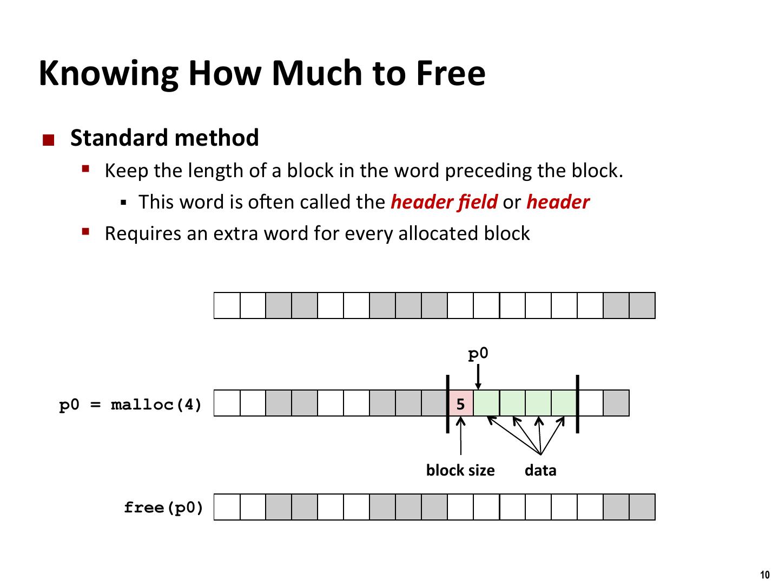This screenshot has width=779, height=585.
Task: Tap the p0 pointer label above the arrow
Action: pos(478,354)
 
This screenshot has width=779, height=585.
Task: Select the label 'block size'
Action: pos(460,470)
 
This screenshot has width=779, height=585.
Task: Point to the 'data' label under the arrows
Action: pos(540,470)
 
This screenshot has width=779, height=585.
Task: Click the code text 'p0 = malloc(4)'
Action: pos(130,405)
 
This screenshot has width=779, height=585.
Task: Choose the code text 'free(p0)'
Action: pos(163,508)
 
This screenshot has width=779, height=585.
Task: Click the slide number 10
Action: pos(764,575)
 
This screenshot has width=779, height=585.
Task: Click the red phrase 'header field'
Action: pos(444,202)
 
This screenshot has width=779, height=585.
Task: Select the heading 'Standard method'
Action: pos(164,138)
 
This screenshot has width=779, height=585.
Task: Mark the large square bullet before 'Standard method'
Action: pos(49,141)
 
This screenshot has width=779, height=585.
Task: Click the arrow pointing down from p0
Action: pos(478,376)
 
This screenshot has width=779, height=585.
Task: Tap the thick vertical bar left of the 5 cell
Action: pos(447,404)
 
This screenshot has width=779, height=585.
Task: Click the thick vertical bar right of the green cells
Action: pos(577,404)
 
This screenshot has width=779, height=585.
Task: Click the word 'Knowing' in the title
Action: pos(109,73)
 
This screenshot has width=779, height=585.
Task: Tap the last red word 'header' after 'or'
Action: pos(558,202)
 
